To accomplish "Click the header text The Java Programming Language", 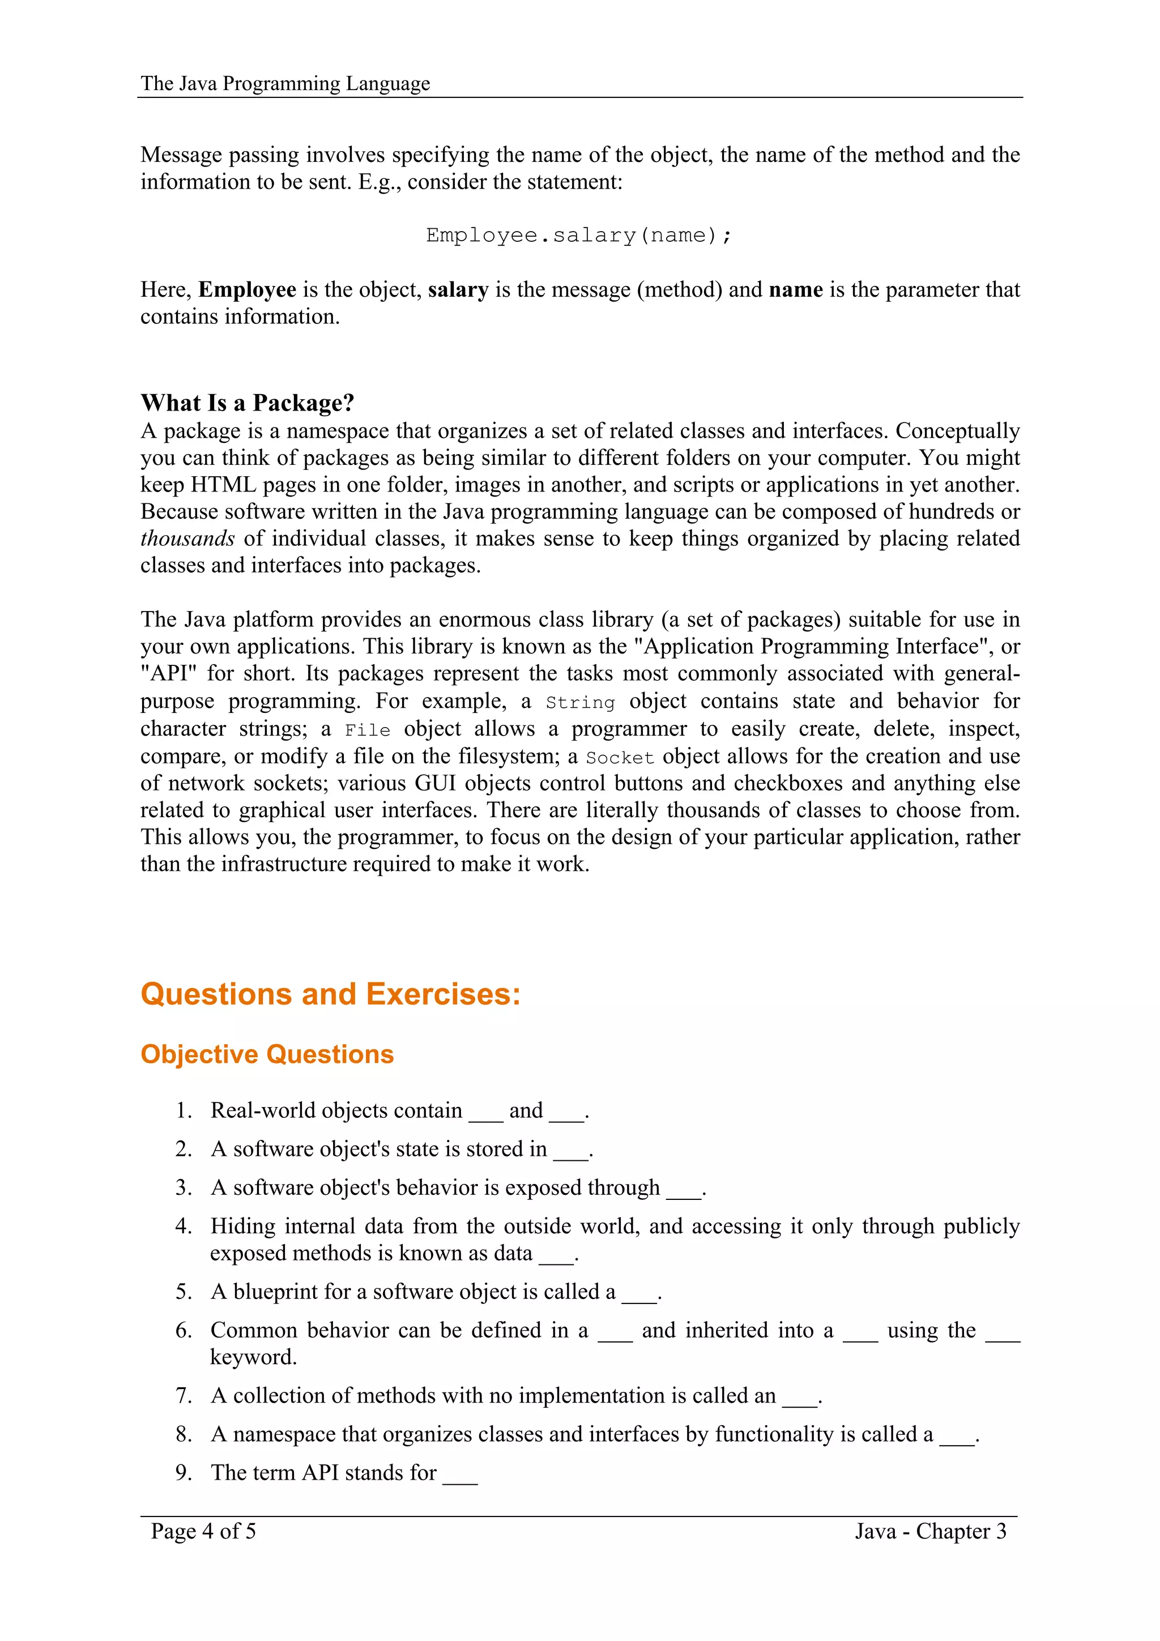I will [x=284, y=84].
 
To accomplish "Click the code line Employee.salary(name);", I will [x=579, y=235].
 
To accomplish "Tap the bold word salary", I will [x=458, y=289].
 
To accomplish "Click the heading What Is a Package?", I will [x=248, y=403].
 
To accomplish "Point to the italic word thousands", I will [x=187, y=538].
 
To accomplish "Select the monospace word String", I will [x=579, y=703].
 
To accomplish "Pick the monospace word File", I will [x=368, y=730].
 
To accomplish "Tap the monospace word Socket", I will [x=620, y=758].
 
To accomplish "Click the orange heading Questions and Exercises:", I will [x=330, y=994].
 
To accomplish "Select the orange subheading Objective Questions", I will [x=267, y=1054].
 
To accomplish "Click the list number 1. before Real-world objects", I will [x=184, y=1110].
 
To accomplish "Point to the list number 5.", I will [x=184, y=1292].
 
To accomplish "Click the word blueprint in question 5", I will [x=275, y=1292].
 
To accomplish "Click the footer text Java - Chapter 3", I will [x=930, y=1531].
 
